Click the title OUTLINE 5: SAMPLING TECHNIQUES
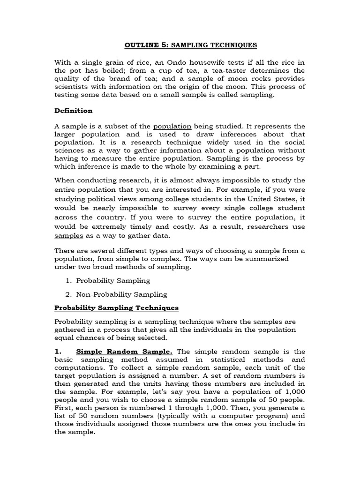pos(190,45)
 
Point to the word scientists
pos(73,87)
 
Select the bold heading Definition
pos(74,111)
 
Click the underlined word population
pos(172,126)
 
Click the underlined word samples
pos(69,236)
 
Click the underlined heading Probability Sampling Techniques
pos(117,308)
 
